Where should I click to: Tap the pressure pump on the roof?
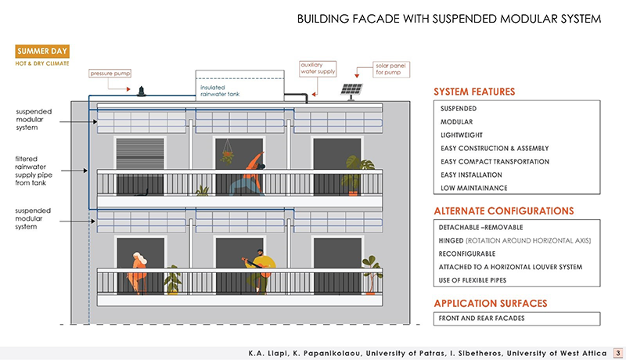(142, 92)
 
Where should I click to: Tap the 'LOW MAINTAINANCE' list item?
(473, 188)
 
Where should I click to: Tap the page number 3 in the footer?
(617, 351)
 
